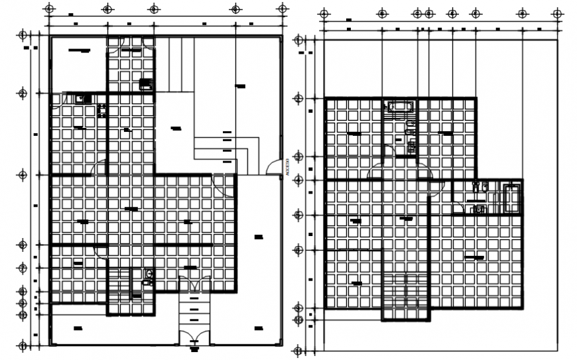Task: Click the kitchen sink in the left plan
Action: [83, 99]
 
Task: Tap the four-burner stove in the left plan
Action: [102, 110]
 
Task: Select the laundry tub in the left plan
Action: [145, 84]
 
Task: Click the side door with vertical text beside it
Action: [273, 167]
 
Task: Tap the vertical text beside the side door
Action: [287, 166]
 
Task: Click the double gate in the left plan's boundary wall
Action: [194, 337]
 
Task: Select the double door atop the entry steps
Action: [194, 285]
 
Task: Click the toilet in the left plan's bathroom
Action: [149, 273]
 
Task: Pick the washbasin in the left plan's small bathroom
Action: [147, 282]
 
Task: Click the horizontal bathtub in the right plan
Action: [400, 106]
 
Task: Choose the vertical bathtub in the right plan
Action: [512, 199]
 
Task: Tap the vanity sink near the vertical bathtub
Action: [478, 210]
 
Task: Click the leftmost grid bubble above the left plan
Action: [49, 9]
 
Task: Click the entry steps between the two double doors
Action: [194, 310]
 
